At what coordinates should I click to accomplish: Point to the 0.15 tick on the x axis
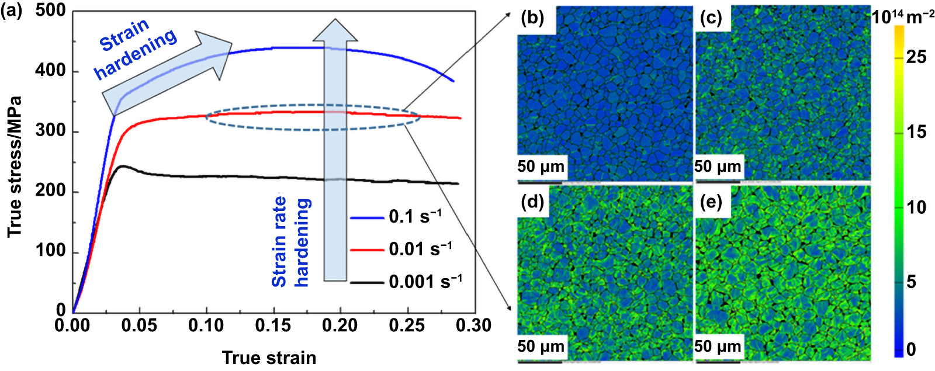click(x=273, y=325)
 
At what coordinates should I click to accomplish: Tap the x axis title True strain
click(x=269, y=358)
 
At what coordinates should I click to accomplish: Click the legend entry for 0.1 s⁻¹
click(x=415, y=216)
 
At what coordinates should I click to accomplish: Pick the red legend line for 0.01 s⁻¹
click(x=367, y=249)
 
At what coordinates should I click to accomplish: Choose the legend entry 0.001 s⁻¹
click(x=425, y=282)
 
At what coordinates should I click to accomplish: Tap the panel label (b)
click(x=532, y=19)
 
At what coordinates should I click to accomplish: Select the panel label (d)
click(x=532, y=202)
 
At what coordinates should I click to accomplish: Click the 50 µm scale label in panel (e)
click(x=718, y=346)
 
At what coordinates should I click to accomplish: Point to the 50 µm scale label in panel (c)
click(x=718, y=167)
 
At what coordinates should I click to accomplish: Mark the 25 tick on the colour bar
click(x=916, y=57)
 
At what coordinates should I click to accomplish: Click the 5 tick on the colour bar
click(x=911, y=282)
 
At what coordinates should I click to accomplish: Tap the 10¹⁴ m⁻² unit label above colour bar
click(x=903, y=17)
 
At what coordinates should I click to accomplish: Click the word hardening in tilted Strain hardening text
click(x=136, y=54)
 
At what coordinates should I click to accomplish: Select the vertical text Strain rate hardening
click(x=290, y=241)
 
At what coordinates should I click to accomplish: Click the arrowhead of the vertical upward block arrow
click(x=335, y=30)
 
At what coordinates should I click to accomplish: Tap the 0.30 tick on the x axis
click(x=473, y=325)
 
